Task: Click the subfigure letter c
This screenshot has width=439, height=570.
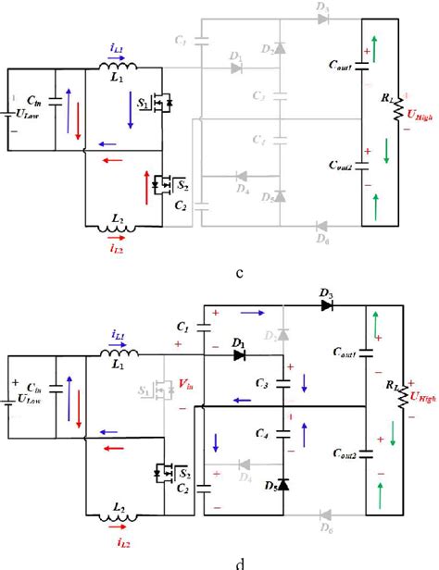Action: [239, 274]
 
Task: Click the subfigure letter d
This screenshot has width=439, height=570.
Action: [239, 561]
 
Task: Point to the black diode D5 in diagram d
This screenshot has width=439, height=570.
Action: [283, 484]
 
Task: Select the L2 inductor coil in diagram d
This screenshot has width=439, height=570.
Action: [118, 511]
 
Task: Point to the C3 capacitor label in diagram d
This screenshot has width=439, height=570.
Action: [262, 382]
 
